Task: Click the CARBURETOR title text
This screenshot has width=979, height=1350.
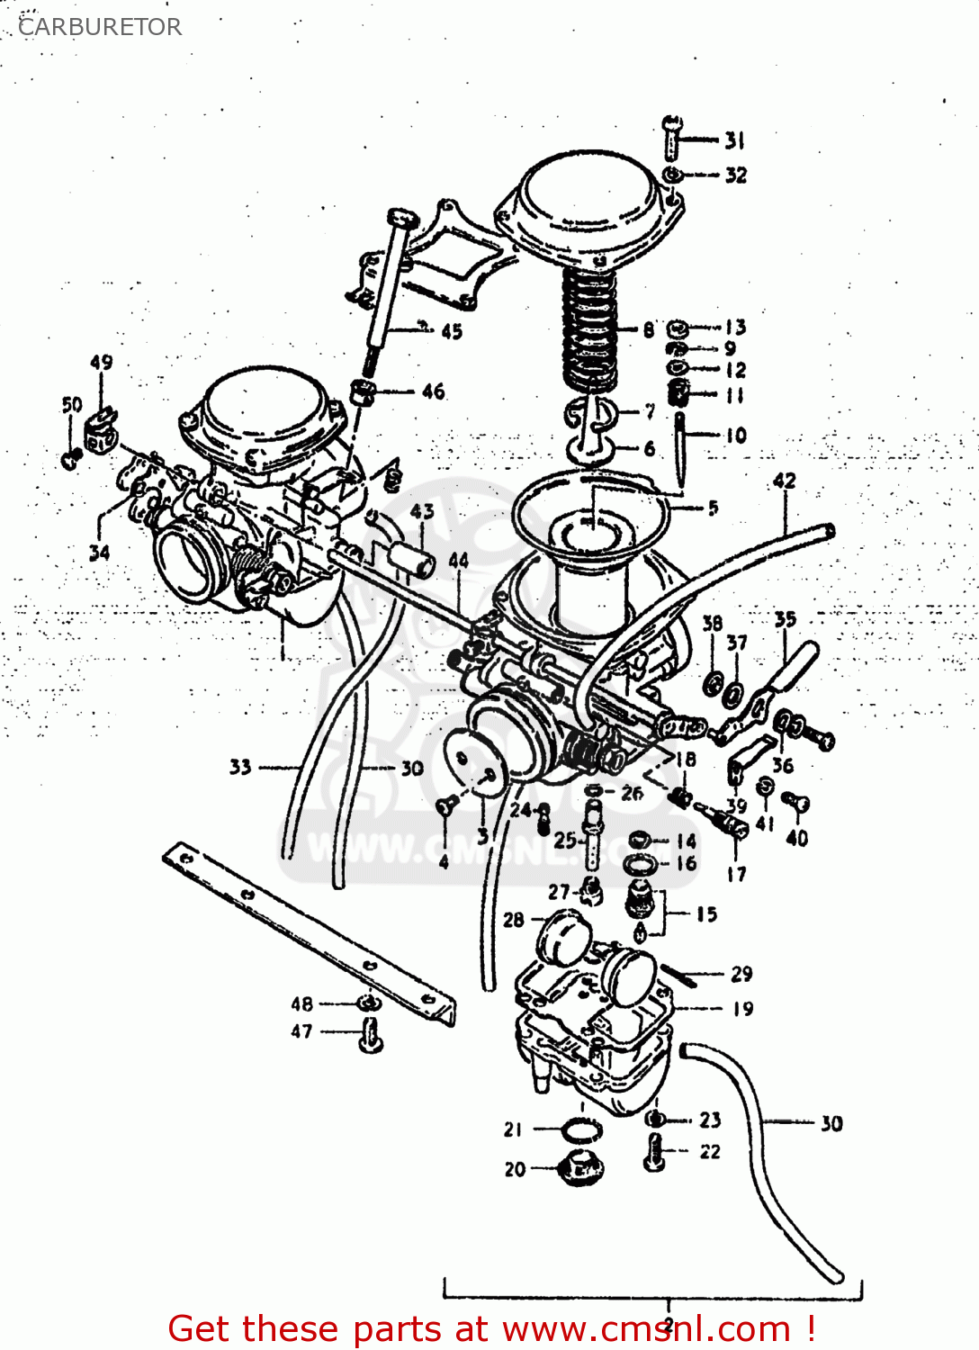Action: click(100, 27)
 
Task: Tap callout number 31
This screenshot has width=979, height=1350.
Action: click(735, 140)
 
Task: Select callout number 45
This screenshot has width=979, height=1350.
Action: click(452, 332)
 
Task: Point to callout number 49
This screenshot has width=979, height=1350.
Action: click(102, 362)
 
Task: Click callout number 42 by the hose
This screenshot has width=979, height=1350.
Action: click(785, 481)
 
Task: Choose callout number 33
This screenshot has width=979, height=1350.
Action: click(240, 767)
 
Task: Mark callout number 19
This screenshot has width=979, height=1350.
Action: click(742, 1009)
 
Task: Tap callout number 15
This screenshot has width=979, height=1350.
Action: click(706, 914)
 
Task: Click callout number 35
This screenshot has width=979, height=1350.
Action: click(786, 619)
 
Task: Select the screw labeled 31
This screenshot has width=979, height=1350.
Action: click(672, 137)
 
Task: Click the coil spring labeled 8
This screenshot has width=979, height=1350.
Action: click(590, 328)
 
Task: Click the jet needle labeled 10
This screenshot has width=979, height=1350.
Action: click(681, 445)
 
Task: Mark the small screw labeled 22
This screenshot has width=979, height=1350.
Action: click(654, 1153)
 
